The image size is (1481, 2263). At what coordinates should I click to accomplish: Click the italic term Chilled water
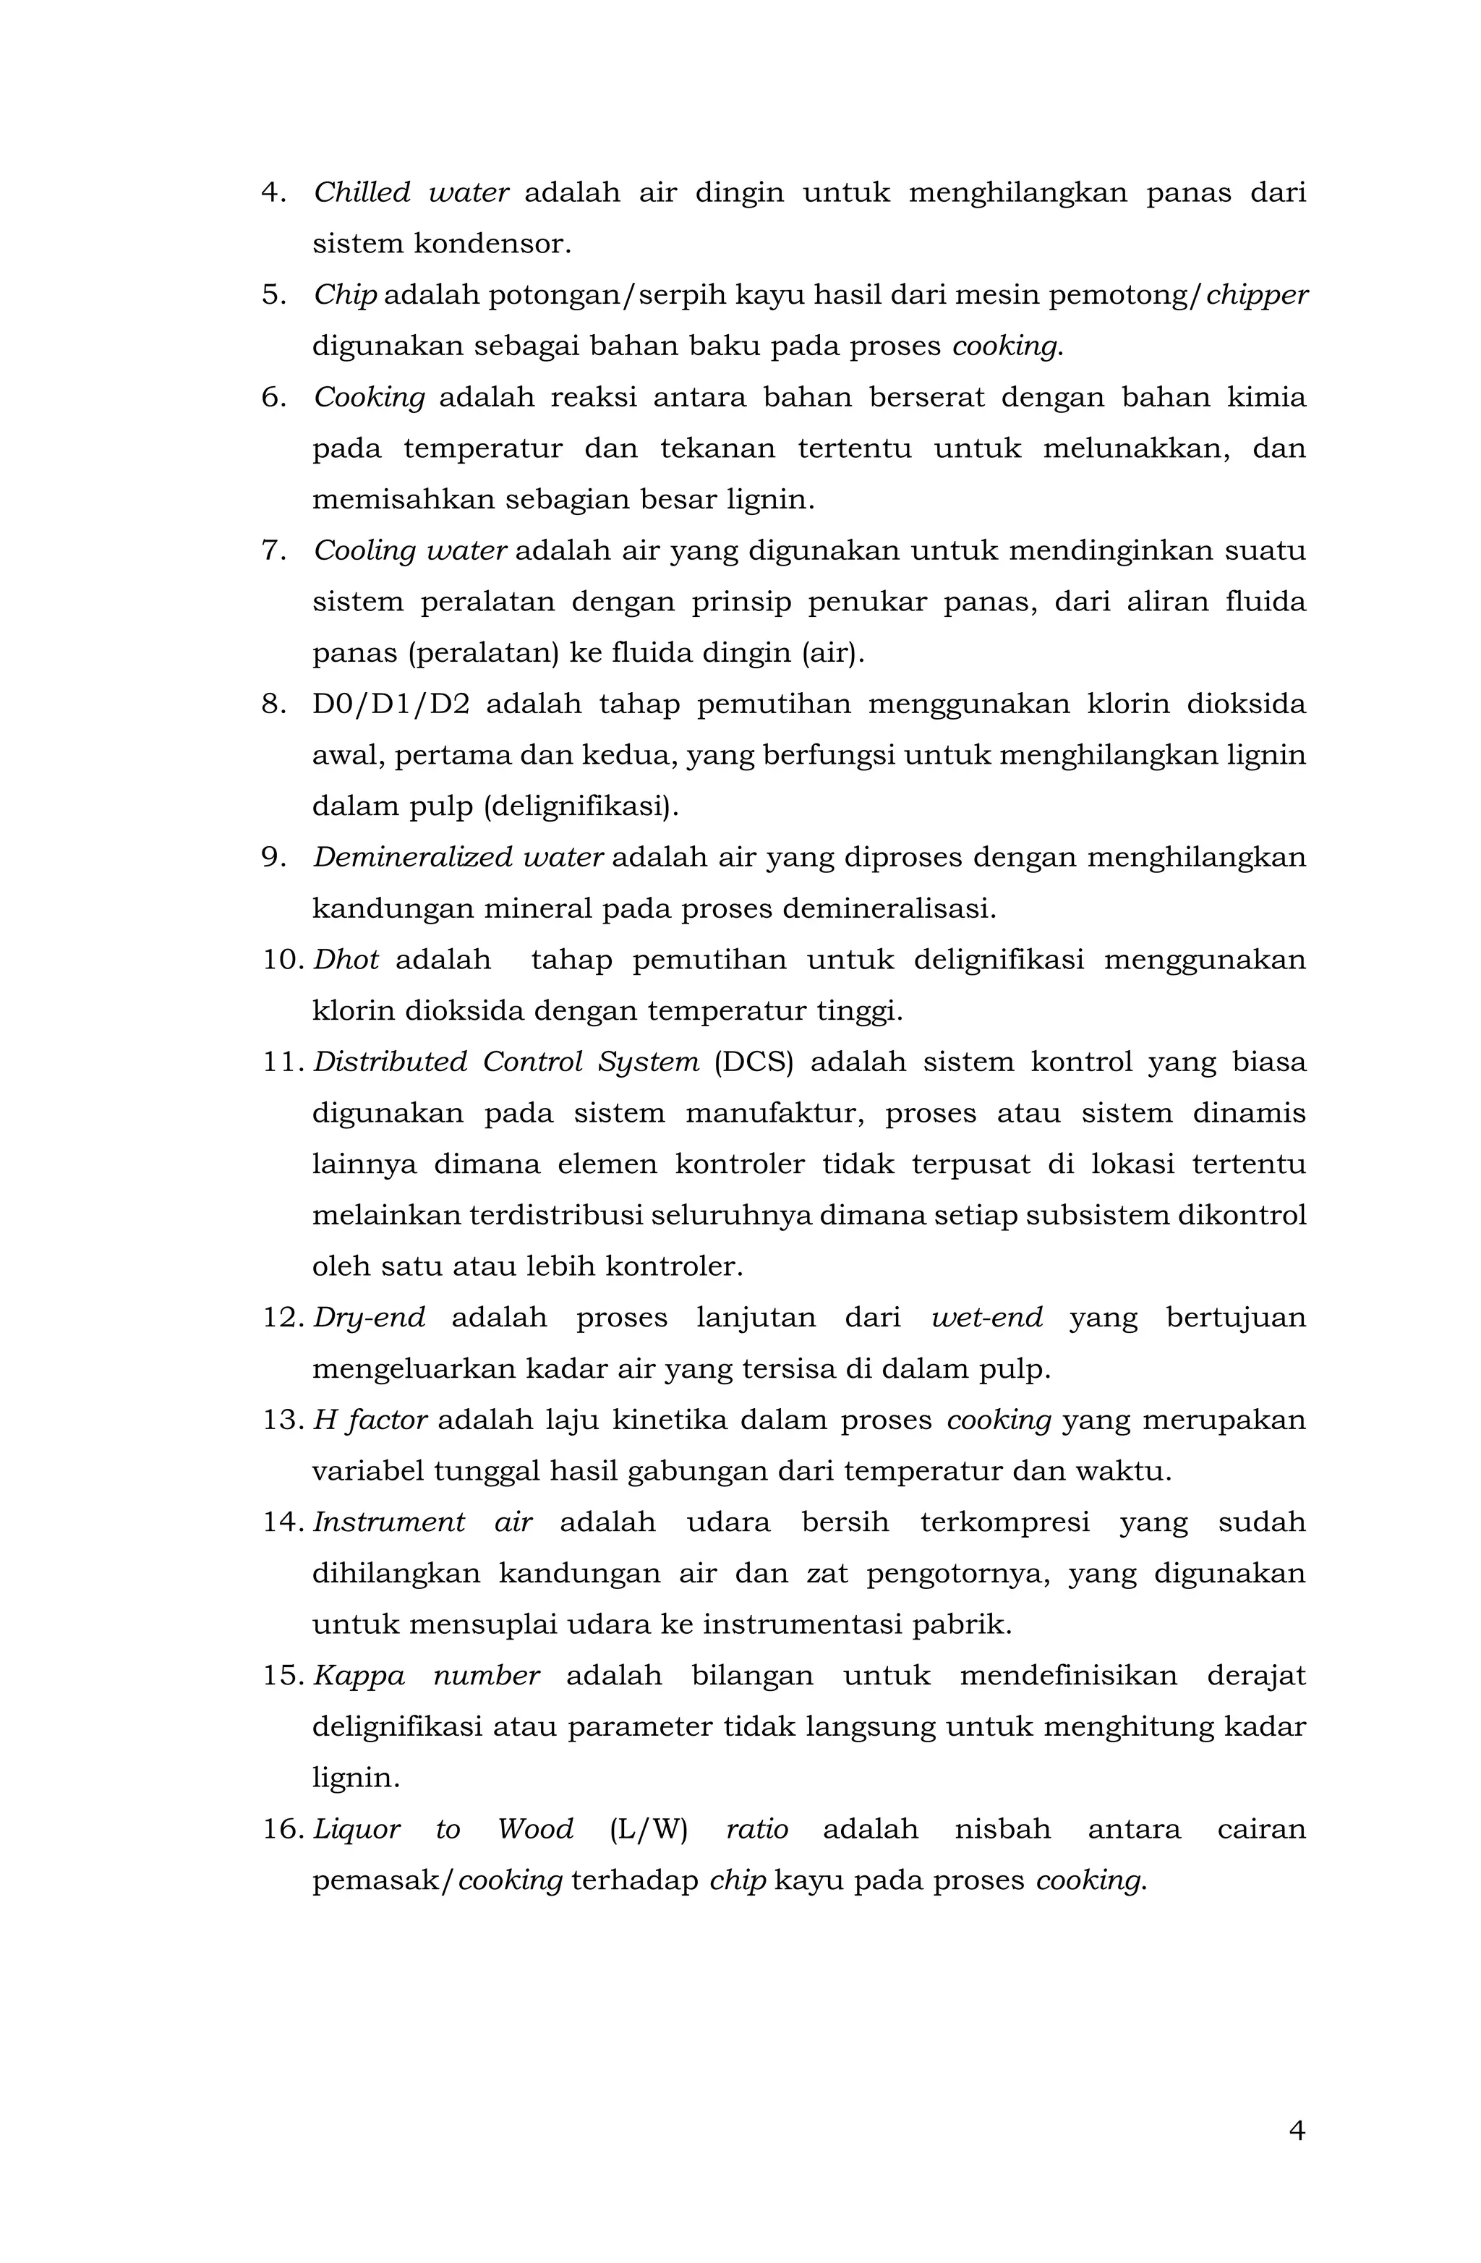tap(411, 193)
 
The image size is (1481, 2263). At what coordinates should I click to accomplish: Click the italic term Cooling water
tap(410, 550)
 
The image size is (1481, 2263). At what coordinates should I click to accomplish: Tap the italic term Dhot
tap(346, 960)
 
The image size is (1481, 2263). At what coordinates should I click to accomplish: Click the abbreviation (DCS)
tap(753, 1062)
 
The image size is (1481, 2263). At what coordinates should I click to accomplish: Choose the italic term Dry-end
tap(369, 1318)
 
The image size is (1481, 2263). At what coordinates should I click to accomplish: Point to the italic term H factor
tap(370, 1420)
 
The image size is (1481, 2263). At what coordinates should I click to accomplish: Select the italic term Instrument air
tap(422, 1522)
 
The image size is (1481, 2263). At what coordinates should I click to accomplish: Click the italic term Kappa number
tap(426, 1676)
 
